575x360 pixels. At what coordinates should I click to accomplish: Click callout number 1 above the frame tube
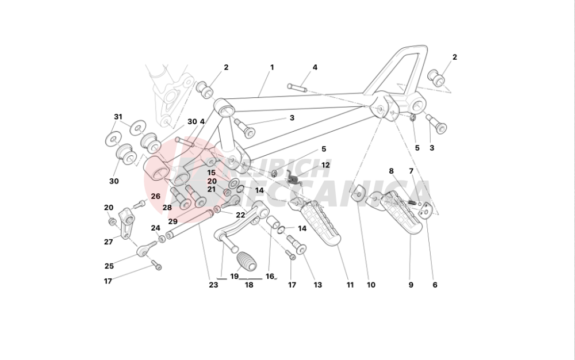click(271, 67)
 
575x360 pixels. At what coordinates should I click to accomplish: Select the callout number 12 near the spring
click(325, 165)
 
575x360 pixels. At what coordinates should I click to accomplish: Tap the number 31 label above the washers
click(118, 117)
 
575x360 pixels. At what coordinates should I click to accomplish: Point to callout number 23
click(213, 285)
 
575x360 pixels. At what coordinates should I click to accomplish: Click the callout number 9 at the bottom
click(411, 285)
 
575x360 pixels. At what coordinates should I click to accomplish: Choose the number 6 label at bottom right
click(435, 285)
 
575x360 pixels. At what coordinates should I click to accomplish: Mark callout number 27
click(109, 242)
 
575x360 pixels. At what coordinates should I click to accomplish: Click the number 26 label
click(156, 196)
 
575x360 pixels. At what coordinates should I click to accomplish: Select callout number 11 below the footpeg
click(350, 285)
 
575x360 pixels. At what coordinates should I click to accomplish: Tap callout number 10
click(371, 285)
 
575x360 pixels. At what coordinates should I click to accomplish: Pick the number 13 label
click(318, 285)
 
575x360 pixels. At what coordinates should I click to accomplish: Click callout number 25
click(109, 266)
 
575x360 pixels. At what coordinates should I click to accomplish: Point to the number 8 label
click(391, 171)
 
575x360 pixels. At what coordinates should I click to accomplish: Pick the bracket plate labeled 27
click(127, 221)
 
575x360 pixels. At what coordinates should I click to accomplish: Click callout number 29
click(172, 222)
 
